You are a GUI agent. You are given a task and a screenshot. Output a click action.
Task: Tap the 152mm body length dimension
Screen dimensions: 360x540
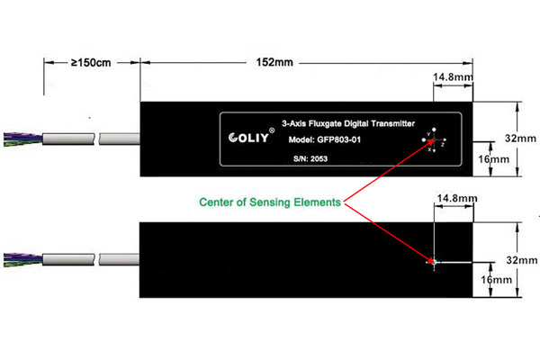pos(274,64)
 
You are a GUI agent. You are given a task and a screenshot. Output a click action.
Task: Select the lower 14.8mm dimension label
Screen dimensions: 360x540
pos(453,197)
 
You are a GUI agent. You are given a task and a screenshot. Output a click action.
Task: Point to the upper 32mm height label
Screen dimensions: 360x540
pos(521,139)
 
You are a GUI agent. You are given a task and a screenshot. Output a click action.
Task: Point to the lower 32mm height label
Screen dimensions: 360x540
pos(521,258)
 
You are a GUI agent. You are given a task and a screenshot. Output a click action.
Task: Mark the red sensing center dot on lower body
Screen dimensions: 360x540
pos(433,262)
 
